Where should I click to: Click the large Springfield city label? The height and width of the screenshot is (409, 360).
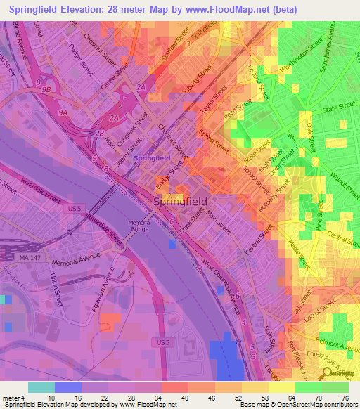click(x=180, y=202)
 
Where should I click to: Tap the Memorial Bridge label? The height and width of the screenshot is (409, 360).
click(x=139, y=226)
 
